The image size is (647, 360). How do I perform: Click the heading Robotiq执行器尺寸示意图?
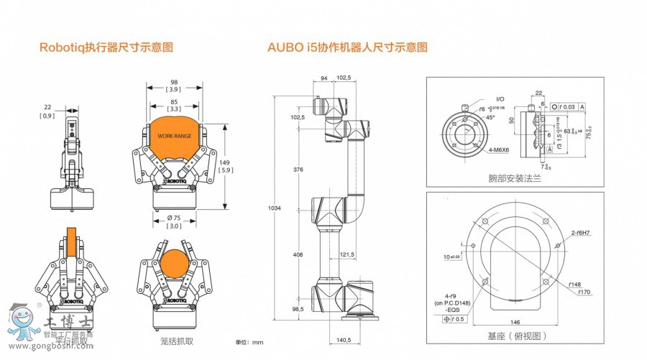click(x=106, y=48)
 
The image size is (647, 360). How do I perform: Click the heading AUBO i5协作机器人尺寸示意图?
click(x=347, y=48)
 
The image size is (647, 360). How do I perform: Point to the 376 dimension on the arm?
click(x=298, y=170)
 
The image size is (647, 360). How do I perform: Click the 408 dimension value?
click(x=298, y=255)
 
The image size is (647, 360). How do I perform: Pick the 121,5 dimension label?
click(x=347, y=255)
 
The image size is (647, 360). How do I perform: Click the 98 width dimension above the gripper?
click(x=174, y=81)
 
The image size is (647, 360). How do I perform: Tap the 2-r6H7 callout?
click(x=582, y=234)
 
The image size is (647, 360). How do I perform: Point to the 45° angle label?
click(x=490, y=116)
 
